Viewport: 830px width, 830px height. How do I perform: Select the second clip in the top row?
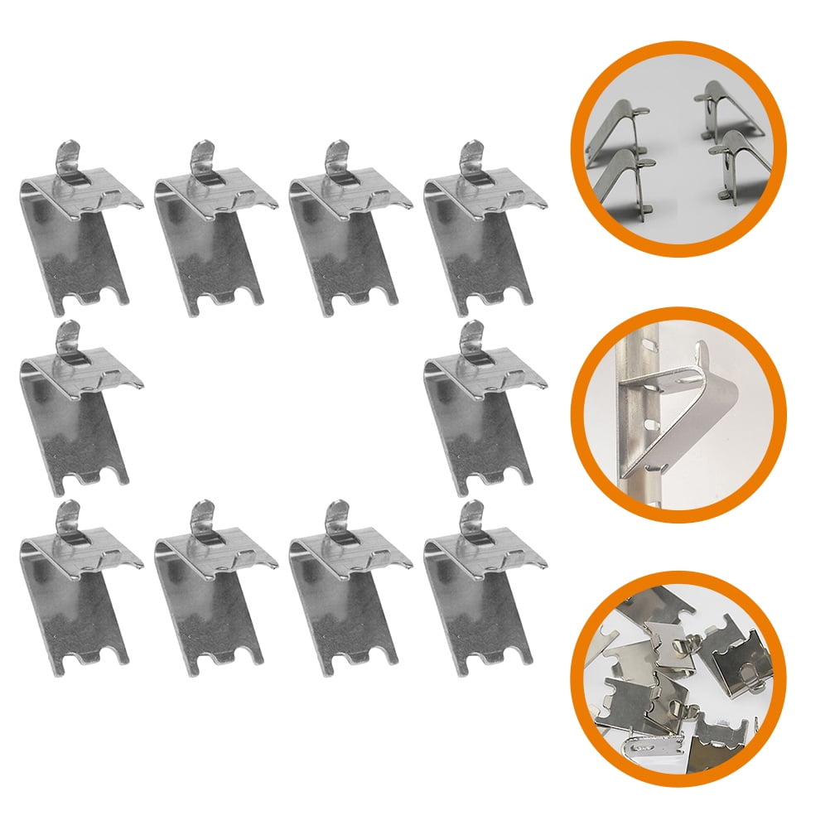pyautogui.click(x=212, y=232)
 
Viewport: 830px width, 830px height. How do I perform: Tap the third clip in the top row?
pyautogui.click(x=348, y=232)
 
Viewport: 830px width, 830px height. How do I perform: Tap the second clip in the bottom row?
pyautogui.click(x=212, y=592)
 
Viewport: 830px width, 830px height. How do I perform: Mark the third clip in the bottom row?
pyautogui.click(x=348, y=592)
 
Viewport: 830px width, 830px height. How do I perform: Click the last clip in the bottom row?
pyautogui.click(x=480, y=592)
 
